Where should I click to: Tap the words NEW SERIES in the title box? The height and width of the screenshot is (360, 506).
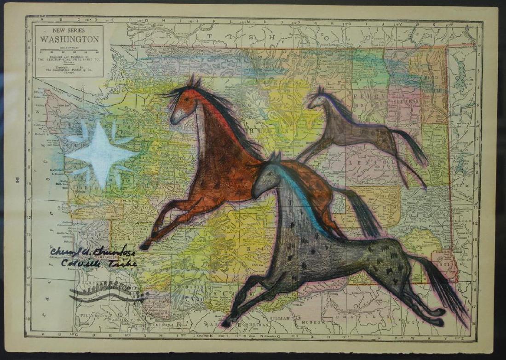69,30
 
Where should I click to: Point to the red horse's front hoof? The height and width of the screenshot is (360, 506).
144,247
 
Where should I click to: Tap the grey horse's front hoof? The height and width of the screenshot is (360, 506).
226,324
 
